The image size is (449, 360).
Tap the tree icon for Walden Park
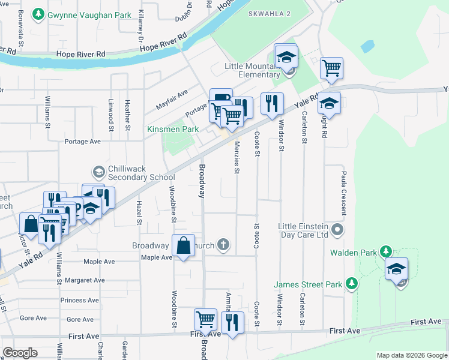click(x=387, y=251)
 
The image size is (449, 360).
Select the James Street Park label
click(x=308, y=284)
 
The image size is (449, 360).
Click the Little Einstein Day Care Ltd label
click(x=303, y=230)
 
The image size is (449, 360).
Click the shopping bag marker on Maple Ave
click(x=184, y=246)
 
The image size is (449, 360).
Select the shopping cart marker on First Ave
click(x=206, y=320)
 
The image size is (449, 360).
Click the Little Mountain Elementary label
click(x=252, y=70)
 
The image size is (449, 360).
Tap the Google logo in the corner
click(x=20, y=353)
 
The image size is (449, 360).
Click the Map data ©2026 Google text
click(x=412, y=355)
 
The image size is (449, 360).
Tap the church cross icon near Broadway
click(x=223, y=244)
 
